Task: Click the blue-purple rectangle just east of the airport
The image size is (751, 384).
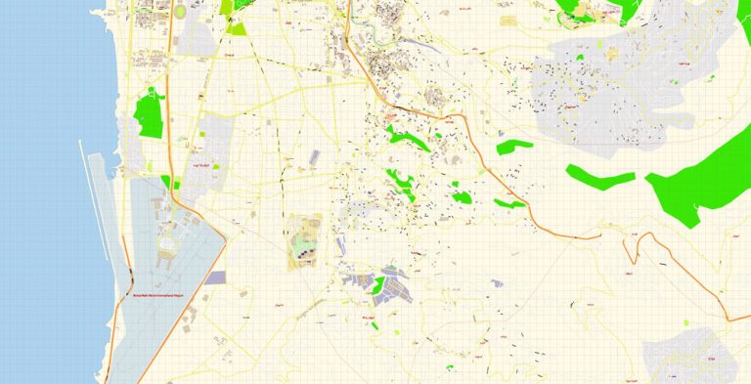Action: pos(214,278)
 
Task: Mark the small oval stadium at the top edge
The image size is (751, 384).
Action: pos(180,11)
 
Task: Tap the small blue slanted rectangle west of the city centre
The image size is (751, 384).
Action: pos(314,156)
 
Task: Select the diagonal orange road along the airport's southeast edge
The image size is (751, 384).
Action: pos(181,313)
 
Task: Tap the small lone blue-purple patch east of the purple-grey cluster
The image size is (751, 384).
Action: pos(497,283)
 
